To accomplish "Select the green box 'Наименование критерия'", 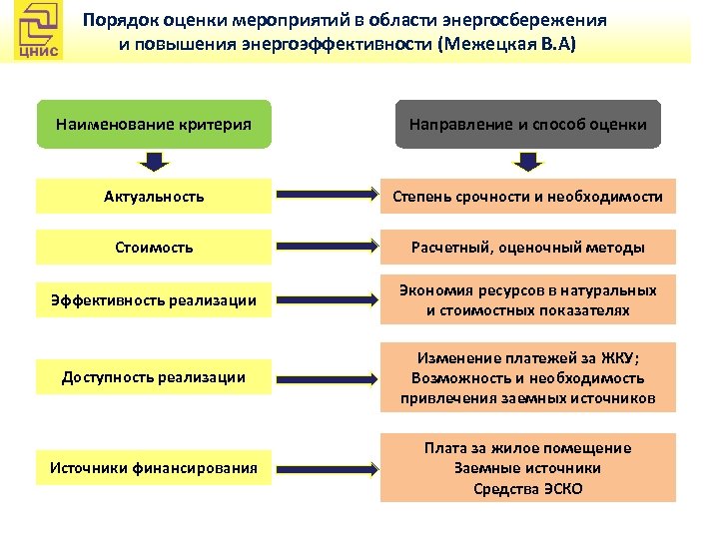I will [153, 125].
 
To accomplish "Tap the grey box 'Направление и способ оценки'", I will [527, 125].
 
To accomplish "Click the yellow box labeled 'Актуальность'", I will [153, 196].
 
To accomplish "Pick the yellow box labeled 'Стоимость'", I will [153, 247].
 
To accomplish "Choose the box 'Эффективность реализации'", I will [153, 299].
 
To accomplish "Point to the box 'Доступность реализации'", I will [153, 377].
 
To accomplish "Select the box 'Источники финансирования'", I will [153, 465].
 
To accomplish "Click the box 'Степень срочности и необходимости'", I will [527, 196].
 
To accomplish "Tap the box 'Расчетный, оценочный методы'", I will [527, 247].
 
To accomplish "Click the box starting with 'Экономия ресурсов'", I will [527, 299].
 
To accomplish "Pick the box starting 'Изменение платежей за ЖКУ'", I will [527, 377].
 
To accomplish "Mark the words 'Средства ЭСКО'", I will [527, 488].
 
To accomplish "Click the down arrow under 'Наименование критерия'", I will [153, 162].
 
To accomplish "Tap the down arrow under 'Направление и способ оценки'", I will [527, 162].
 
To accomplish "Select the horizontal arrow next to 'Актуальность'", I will [325, 196].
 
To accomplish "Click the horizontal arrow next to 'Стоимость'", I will [325, 247].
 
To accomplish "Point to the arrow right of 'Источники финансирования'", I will [325, 465].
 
